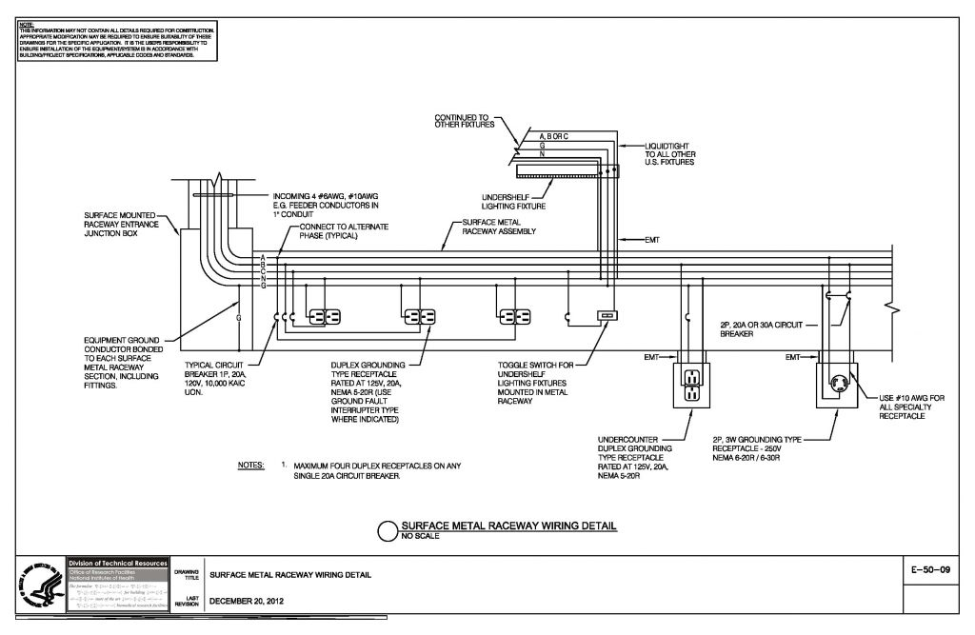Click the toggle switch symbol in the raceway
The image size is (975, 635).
click(x=607, y=315)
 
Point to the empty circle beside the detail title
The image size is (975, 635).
click(x=388, y=531)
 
